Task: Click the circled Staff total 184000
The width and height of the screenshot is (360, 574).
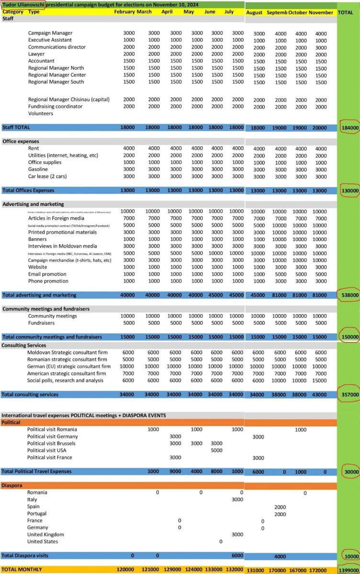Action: [349, 128]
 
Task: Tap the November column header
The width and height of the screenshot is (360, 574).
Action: [321, 12]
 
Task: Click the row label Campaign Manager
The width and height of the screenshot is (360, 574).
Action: [50, 33]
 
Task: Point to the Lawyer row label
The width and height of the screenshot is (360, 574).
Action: [37, 54]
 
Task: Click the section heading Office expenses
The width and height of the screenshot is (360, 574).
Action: [21, 142]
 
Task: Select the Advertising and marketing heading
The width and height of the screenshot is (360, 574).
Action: [33, 204]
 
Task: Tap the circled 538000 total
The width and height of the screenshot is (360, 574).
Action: [349, 295]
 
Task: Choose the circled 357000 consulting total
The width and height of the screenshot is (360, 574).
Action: [349, 395]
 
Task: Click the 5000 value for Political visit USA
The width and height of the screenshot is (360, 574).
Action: [216, 450]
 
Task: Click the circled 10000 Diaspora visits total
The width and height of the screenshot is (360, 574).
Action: [350, 556]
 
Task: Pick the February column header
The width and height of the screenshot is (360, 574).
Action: [124, 11]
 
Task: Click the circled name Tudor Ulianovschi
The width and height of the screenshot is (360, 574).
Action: [24, 5]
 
